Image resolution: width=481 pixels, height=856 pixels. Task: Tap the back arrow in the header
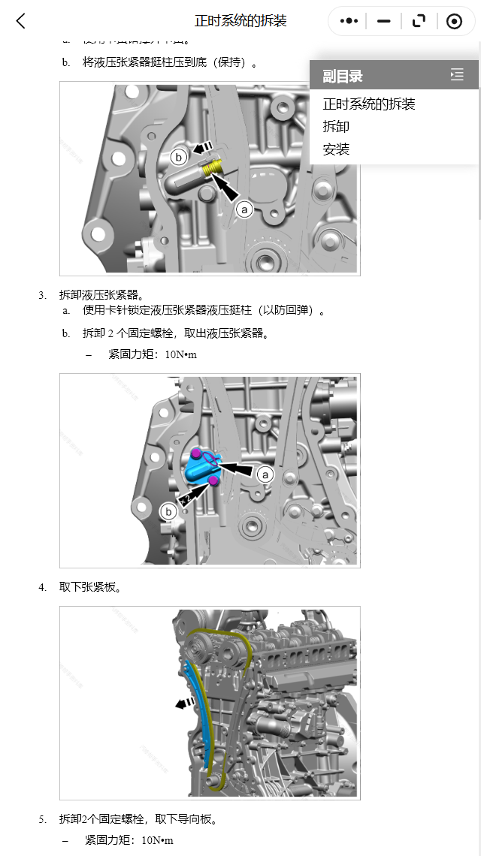[x=20, y=21]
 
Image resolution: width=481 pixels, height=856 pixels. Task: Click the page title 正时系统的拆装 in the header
[x=240, y=21]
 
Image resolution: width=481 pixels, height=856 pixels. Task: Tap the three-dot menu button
[x=349, y=21]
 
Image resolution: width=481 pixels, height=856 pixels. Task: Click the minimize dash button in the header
[x=384, y=21]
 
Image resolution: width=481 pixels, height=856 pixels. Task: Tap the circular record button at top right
[x=454, y=21]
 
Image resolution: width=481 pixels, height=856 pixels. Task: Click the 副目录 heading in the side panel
[x=343, y=76]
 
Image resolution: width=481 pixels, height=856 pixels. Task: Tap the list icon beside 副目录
[x=457, y=74]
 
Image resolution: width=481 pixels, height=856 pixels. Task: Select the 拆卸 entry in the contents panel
[x=336, y=127]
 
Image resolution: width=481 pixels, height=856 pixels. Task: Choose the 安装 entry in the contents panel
[x=336, y=149]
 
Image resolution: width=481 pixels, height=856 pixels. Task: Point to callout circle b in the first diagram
[x=178, y=157]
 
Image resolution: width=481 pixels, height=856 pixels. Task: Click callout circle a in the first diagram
[x=244, y=209]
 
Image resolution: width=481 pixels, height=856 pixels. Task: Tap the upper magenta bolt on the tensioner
[x=196, y=453]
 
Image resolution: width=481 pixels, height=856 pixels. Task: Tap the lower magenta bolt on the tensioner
[x=213, y=481]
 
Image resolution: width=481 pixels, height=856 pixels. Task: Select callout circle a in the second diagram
[x=265, y=475]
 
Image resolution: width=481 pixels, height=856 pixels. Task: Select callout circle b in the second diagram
[x=169, y=511]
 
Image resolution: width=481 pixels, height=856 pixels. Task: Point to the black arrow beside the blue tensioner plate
[x=183, y=704]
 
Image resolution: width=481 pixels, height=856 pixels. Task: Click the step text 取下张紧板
[x=90, y=587]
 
